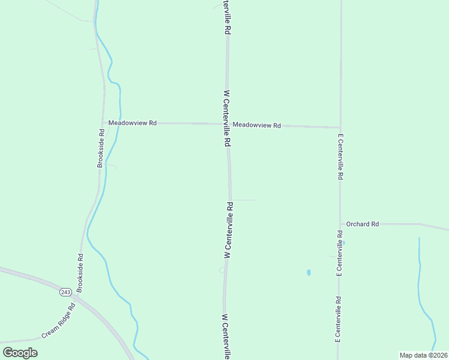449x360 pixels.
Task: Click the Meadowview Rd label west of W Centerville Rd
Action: coord(132,123)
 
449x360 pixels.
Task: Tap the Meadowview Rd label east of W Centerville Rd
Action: coord(257,125)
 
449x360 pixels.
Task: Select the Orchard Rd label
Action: coord(363,224)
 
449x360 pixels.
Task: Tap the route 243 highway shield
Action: coord(65,292)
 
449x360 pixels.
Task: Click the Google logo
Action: coord(20,353)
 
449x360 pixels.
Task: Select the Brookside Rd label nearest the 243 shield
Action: coord(80,273)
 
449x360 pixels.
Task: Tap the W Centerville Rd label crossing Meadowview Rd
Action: coord(227,119)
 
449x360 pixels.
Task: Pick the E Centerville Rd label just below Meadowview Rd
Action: coord(340,157)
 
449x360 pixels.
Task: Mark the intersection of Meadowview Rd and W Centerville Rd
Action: coord(227,124)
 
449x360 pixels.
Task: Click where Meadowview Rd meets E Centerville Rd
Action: coord(340,127)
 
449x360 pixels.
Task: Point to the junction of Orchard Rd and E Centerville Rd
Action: coord(340,224)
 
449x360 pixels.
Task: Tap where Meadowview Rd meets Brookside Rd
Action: coord(104,122)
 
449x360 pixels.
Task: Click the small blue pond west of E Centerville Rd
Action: coord(309,272)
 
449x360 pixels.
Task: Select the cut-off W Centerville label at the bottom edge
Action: coord(226,336)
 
